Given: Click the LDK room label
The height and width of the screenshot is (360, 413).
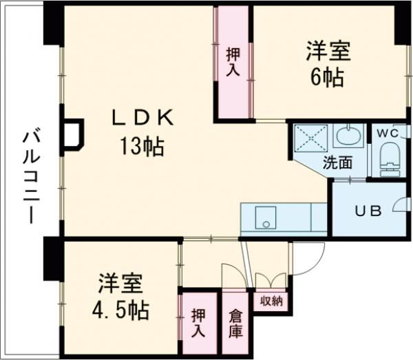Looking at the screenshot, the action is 142,118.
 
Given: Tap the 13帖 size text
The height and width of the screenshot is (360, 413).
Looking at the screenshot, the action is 142,147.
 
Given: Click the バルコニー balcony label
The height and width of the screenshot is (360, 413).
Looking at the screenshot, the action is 32,175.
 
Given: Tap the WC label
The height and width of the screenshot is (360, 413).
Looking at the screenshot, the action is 388,134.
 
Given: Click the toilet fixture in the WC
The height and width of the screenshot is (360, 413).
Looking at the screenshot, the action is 390,160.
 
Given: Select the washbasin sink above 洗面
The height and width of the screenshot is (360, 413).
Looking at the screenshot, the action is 348,136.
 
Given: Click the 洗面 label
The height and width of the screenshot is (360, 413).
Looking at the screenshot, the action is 337,162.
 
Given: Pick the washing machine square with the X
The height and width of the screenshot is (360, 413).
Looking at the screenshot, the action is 311,138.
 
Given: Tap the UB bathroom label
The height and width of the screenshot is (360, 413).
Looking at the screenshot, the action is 368,211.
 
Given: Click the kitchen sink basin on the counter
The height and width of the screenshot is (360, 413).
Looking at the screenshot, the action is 266,218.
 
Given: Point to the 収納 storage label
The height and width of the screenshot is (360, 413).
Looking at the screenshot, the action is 271,301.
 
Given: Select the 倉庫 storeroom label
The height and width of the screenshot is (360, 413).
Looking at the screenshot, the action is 235,324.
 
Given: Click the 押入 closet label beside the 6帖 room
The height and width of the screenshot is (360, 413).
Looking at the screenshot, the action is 233,62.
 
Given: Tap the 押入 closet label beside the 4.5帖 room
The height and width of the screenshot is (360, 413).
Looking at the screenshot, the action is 198,324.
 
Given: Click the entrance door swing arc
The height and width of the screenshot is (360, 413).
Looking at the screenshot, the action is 316,266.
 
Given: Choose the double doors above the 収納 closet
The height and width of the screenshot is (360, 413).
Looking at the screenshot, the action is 271,281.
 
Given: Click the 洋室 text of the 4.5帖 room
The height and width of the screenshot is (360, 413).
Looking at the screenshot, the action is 120,284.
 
